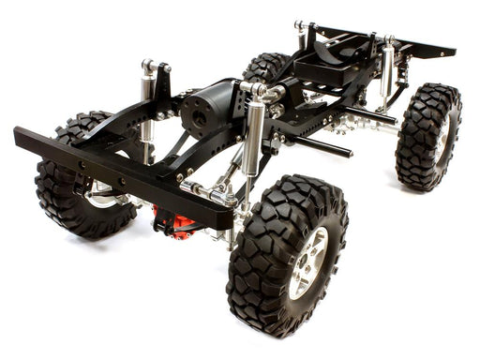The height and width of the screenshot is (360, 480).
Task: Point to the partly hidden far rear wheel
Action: [266, 67]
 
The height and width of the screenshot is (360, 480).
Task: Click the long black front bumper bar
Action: [112, 169]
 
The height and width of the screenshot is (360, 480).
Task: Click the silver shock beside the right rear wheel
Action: [387, 75]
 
